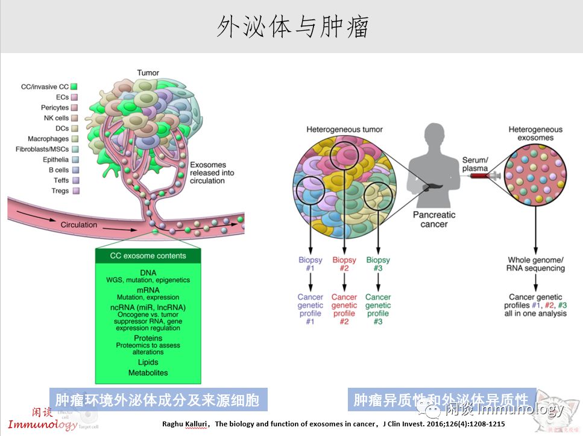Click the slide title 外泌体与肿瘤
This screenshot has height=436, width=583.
pos(292,27)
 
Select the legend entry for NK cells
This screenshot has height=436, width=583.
pos(57,118)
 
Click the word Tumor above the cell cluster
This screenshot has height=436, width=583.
pos(148,73)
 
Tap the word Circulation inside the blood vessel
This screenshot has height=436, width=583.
pos(78,225)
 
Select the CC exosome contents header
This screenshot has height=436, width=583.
pos(148,256)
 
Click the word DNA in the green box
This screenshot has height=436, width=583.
pos(148,273)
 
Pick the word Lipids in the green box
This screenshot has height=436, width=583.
pos(148,362)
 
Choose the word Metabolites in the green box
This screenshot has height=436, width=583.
pos(148,373)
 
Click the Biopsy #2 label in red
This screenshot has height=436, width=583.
pos(344,264)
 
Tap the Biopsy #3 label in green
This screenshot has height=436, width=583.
pos(378,264)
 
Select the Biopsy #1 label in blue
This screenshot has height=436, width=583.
pos(310,264)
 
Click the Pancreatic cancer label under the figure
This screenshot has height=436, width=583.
pos(434,220)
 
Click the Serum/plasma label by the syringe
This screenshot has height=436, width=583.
pos(474,164)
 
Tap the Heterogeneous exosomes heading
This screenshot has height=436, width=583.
pos(535,133)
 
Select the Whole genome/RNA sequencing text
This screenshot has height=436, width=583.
pos(536,264)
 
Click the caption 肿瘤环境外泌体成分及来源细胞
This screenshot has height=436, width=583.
pos(157,400)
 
